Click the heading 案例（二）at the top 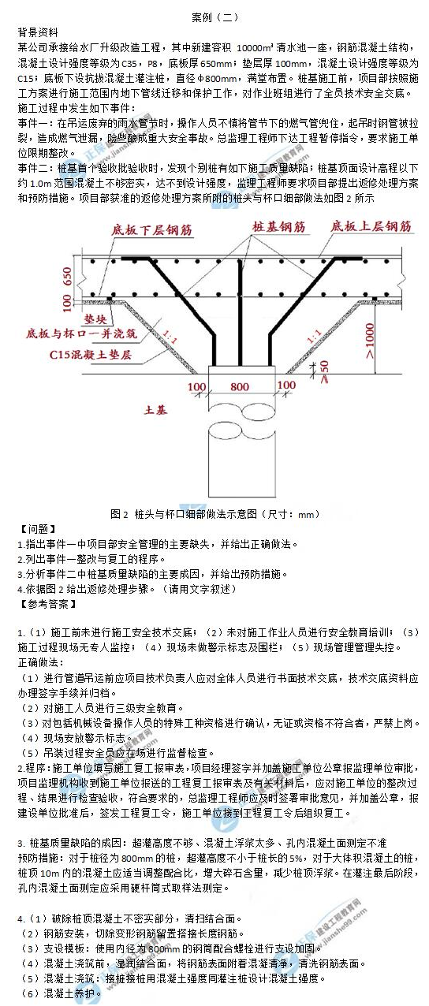[214, 17]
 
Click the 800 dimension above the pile [238, 387]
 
